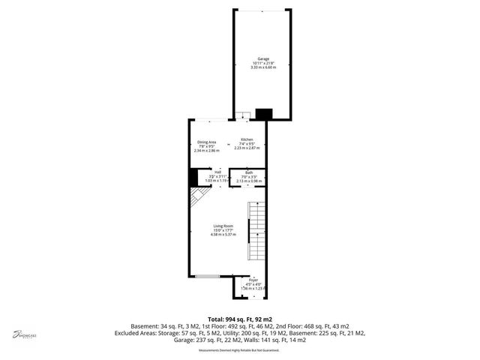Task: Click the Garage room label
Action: pos(262,58)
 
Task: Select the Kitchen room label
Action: pos(247,140)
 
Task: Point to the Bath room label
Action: pos(248,172)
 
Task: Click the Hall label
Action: pos(217,172)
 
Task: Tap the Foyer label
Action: pos(253,280)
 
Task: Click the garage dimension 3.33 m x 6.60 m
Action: pos(262,67)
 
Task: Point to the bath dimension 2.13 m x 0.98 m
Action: pos(248,181)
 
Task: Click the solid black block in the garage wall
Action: pos(263,114)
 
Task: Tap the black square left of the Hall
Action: pos(193,177)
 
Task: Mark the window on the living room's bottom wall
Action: pos(207,277)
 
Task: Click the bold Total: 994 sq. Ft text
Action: pos(239,319)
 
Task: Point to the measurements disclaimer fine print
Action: pos(239,350)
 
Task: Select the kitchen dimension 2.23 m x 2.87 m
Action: pos(247,148)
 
